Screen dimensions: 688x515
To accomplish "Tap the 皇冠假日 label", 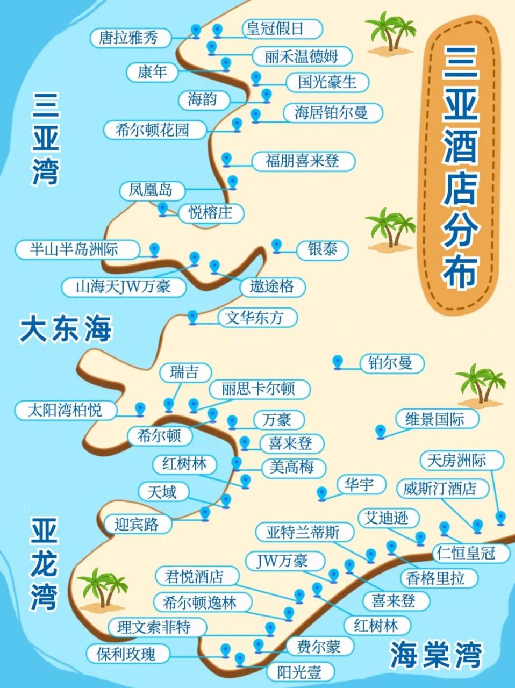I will coord(275,28).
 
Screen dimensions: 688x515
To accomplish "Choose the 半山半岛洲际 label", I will coord(75,249).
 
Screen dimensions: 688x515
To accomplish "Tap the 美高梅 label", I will coord(291,467).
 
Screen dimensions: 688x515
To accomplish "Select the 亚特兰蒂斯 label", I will coord(303,533).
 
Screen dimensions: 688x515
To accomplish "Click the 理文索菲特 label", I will coord(154,627).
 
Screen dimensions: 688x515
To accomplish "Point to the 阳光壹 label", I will coord(299,672).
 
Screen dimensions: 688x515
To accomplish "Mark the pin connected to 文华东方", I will coord(193,317).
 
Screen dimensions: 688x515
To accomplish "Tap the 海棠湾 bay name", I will coord(435,654).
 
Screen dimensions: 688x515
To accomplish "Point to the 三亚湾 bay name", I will coord(45,138).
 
